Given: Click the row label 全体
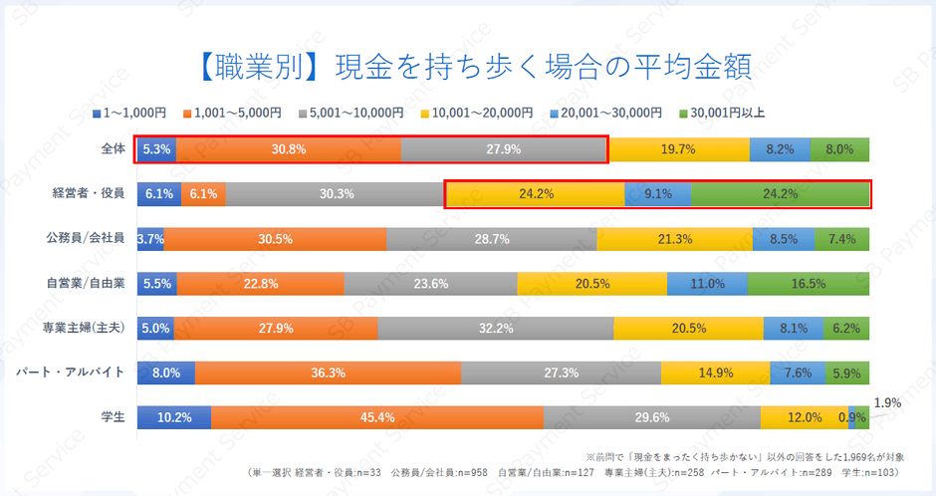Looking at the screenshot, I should point(113,149).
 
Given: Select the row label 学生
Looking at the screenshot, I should point(113,416).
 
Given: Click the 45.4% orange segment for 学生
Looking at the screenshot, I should point(376,417).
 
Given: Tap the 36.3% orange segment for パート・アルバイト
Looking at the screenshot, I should point(328,372).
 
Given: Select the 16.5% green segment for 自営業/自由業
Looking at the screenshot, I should point(809,283).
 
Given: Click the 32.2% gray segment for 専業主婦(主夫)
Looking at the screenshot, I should point(495,328).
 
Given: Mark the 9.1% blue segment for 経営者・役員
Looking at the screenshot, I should point(657,194).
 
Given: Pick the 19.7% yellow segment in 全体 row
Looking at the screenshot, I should point(678,149).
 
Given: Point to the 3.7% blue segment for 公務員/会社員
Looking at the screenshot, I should point(150,238).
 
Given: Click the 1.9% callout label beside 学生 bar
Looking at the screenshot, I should point(887,403).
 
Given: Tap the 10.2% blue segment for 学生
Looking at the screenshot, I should point(173,417).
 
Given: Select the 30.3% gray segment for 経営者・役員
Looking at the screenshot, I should point(337,194).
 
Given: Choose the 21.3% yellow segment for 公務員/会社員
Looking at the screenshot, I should point(675,238).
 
